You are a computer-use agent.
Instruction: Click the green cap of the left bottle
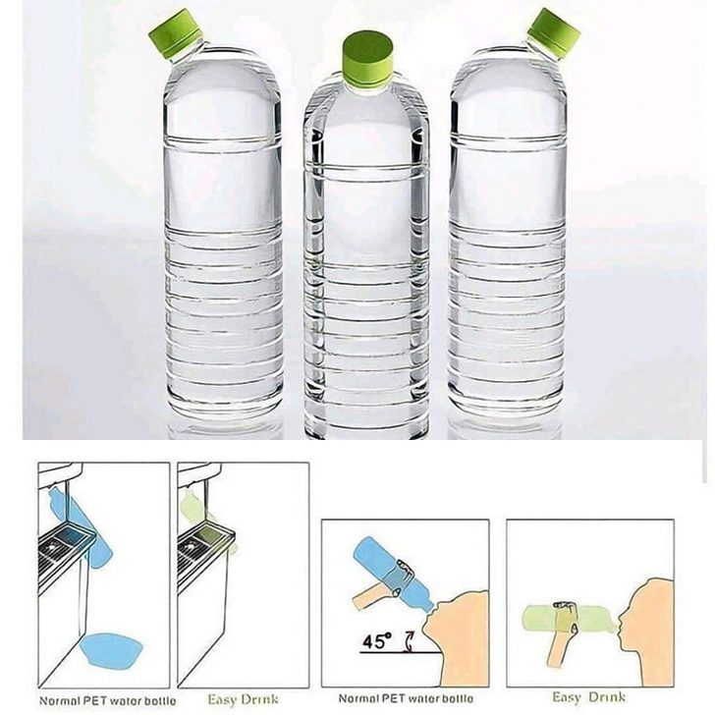coord(176,33)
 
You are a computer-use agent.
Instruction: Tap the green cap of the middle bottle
coord(368,58)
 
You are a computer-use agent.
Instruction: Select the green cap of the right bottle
coord(554,32)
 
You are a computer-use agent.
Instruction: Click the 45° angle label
coord(377,641)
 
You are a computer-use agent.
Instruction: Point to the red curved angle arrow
coord(409,642)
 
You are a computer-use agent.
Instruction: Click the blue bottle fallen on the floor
coord(111,651)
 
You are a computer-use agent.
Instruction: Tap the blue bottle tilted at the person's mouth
coord(393,575)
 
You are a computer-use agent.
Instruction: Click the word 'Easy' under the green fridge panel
coord(222,700)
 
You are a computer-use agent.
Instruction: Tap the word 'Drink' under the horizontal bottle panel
coord(607,697)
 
